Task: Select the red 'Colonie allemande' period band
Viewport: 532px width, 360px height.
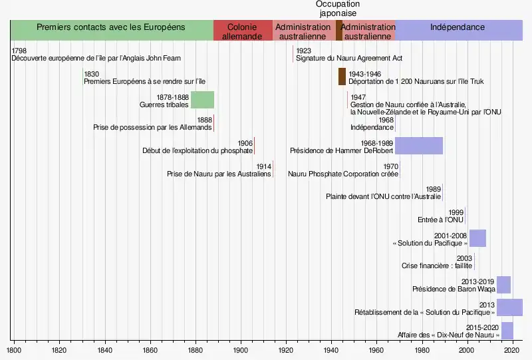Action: [243, 31]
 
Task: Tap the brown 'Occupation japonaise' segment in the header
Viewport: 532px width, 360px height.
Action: [338, 31]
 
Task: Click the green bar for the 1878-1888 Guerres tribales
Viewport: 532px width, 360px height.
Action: [202, 100]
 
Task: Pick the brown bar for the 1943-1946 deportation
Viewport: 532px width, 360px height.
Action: [342, 77]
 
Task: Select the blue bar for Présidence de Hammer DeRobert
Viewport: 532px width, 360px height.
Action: [419, 146]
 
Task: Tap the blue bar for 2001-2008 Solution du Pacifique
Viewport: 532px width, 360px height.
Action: [477, 238]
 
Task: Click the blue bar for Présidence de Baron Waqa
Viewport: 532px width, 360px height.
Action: [503, 284]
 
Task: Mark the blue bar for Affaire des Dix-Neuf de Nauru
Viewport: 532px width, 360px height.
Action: [507, 331]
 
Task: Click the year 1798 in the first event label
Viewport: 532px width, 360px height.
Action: [19, 51]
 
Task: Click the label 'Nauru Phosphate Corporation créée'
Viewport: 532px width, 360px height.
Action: [343, 174]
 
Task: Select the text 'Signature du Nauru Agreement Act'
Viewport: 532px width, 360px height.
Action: [349, 59]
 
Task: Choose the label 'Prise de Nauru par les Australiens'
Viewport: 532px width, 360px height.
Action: [219, 174]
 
